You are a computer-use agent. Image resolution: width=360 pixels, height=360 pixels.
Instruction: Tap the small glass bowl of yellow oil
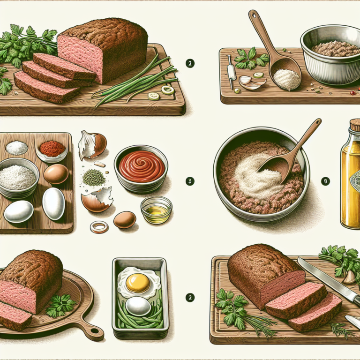[156, 210]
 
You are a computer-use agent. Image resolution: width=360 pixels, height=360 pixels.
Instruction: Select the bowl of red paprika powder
[52, 149]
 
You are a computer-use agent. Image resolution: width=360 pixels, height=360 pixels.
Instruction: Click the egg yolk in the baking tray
[138, 283]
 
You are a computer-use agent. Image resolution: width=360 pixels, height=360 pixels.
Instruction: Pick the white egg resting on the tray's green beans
[138, 306]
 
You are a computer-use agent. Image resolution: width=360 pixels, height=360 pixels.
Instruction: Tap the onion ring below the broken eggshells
[99, 227]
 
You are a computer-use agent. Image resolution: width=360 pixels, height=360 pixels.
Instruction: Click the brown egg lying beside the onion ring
[125, 219]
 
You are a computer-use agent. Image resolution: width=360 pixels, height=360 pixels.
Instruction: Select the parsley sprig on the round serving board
[60, 305]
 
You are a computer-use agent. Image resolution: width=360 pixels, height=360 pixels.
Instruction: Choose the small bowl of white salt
[17, 148]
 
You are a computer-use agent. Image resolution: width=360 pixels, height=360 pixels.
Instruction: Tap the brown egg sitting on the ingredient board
[56, 173]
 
